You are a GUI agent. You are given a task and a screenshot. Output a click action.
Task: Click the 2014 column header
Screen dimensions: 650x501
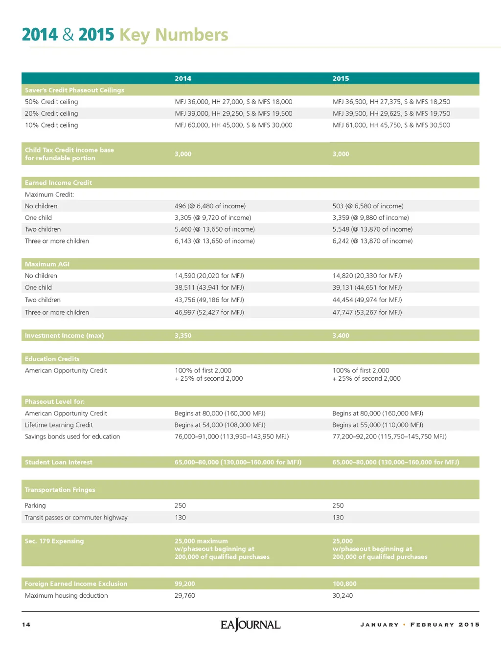click(x=183, y=79)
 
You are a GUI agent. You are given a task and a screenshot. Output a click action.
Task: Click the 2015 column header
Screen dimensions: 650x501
click(x=341, y=79)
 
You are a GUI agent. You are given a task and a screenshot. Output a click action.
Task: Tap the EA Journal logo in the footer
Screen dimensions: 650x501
click(x=250, y=625)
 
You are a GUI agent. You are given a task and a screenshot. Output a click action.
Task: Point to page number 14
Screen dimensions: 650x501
click(x=26, y=625)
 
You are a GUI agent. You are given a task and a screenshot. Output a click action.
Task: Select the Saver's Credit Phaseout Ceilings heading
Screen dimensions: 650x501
click(x=74, y=90)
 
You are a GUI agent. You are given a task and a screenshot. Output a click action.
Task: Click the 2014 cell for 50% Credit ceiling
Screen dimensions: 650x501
click(x=233, y=102)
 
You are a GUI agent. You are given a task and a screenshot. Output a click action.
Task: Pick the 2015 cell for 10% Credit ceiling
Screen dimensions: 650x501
click(x=391, y=125)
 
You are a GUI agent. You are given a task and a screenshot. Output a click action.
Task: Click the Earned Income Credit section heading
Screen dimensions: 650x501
click(x=58, y=183)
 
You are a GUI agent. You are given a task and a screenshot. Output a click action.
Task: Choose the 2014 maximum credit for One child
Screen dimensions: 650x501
click(x=213, y=218)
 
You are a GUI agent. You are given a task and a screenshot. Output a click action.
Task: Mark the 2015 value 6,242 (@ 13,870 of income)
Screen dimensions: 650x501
click(x=372, y=241)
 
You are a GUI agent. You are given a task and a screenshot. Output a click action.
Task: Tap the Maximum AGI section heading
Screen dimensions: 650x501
click(x=47, y=264)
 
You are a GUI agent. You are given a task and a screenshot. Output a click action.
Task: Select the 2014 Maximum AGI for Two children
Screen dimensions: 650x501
click(x=209, y=300)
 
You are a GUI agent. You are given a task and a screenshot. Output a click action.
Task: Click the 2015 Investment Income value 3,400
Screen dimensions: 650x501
click(x=341, y=336)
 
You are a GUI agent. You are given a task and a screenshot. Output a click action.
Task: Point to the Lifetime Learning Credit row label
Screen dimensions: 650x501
click(x=59, y=425)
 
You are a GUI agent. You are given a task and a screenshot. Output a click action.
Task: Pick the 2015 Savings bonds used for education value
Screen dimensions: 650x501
click(x=389, y=437)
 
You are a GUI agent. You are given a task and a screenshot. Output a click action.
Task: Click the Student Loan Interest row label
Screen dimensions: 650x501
click(x=58, y=462)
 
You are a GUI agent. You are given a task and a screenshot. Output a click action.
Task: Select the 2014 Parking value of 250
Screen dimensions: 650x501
click(x=180, y=506)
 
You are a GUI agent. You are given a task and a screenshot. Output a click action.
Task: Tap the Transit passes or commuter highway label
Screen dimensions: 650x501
click(x=76, y=518)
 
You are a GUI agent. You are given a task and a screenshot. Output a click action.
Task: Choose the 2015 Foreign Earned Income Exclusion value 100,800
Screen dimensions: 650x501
click(x=344, y=584)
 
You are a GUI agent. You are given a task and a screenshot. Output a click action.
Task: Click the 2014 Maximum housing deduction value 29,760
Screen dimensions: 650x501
click(x=184, y=596)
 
